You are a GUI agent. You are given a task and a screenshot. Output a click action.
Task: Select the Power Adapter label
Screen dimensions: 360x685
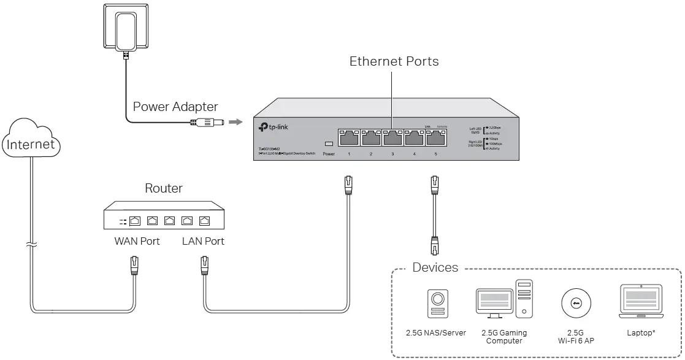click(175, 107)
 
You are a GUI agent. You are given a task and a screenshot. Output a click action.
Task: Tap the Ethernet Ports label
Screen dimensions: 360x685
click(394, 61)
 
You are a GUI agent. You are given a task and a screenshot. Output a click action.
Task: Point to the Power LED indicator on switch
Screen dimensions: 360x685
click(329, 144)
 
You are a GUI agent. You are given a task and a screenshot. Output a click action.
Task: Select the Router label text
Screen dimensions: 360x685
click(163, 188)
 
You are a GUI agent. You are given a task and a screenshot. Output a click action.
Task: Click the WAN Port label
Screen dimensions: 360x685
click(137, 241)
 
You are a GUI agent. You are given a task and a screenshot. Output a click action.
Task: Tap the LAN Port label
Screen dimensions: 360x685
click(203, 241)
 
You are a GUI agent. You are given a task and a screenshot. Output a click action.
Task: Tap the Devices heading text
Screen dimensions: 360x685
click(435, 267)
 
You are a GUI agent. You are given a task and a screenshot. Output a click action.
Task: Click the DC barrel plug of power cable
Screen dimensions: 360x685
click(208, 123)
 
